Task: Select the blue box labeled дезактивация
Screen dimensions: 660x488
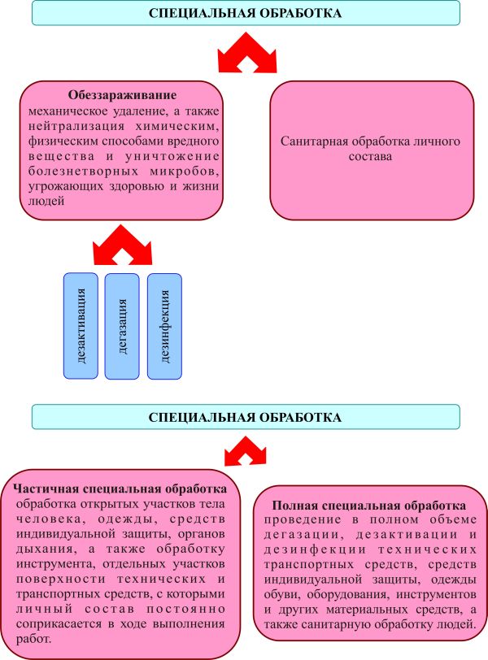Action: [81, 324]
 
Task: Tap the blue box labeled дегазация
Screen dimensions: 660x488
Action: [123, 324]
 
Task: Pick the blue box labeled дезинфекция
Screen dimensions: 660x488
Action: [164, 324]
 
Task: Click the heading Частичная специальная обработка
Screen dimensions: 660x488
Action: [120, 490]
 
